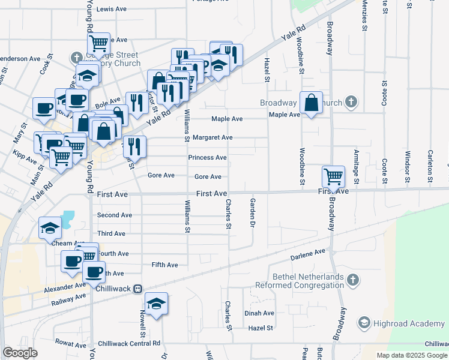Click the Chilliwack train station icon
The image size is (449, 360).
coord(138,289)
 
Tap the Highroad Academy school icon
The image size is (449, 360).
coord(364,323)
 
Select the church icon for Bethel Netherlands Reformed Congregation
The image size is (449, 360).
coord(353,280)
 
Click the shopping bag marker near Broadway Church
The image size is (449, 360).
coord(312,103)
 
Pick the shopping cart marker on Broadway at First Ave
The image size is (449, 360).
coord(333,176)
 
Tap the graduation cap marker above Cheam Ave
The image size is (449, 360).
coord(50,228)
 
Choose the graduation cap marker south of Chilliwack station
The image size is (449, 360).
coord(156,304)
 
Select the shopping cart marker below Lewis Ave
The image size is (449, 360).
coord(98,44)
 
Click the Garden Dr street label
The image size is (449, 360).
coord(253,213)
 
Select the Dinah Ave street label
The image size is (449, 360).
coord(259,313)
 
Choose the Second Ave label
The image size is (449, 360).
coord(114,215)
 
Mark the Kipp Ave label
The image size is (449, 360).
coord(25,157)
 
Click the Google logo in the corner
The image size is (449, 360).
coord(20,353)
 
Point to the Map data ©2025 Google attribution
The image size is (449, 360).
coord(412,355)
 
